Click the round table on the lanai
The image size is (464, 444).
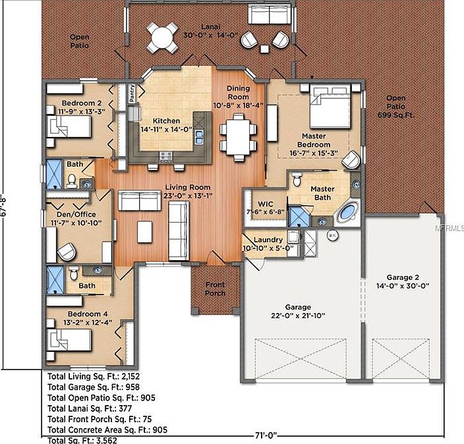click(162, 38)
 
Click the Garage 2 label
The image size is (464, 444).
click(403, 277)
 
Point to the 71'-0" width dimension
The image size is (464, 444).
click(266, 435)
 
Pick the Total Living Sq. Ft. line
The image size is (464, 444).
click(94, 376)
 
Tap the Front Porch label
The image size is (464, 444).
click(215, 289)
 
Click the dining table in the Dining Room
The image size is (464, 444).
click(238, 137)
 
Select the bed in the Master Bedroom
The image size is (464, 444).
click(330, 107)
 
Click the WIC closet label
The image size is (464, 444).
click(266, 204)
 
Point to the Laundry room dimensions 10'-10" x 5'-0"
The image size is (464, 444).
click(268, 248)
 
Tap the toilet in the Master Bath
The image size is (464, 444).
click(297, 179)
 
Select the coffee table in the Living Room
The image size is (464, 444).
click(145, 232)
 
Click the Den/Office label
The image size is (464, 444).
click(76, 214)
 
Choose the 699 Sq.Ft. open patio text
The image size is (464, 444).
click(395, 115)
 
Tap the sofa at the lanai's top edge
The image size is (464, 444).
click(270, 14)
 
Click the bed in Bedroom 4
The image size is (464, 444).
click(69, 340)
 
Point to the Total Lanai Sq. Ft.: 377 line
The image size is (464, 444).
click(90, 408)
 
